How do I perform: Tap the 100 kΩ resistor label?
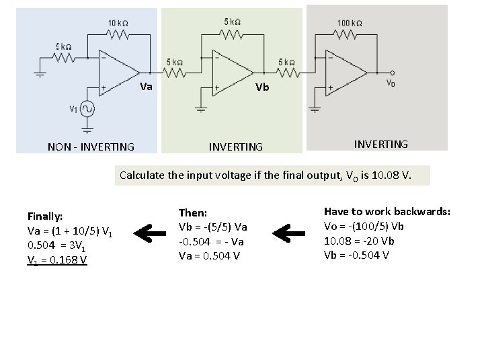(x=349, y=22)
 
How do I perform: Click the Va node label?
(x=146, y=87)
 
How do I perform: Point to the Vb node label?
(x=263, y=87)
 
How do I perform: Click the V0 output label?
(x=390, y=85)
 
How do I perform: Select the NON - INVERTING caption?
(x=91, y=147)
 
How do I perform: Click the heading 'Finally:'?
(x=45, y=216)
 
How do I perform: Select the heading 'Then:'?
(x=193, y=212)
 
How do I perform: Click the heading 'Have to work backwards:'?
(x=387, y=212)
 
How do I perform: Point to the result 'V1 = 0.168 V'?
(x=57, y=260)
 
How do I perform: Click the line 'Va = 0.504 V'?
(x=208, y=255)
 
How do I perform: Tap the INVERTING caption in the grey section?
(x=381, y=143)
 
